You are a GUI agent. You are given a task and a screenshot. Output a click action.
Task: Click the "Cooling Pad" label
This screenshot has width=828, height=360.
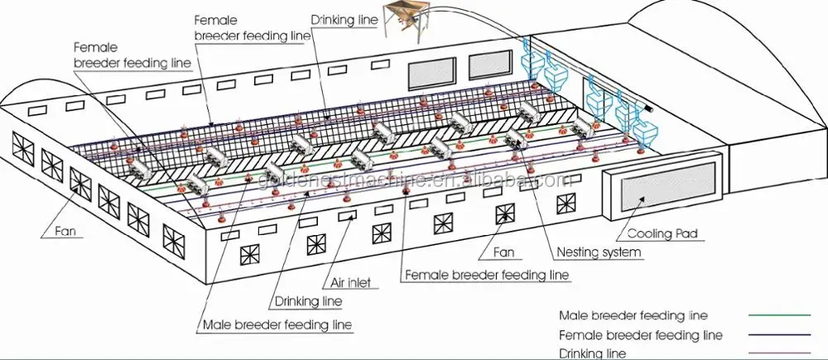point(666,234)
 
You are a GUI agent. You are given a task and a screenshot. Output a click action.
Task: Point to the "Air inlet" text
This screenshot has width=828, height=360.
point(353,282)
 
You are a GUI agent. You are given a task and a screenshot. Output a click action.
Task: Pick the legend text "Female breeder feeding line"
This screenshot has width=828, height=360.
point(641,335)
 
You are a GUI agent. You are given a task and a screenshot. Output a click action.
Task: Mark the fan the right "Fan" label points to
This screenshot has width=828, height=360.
point(503,214)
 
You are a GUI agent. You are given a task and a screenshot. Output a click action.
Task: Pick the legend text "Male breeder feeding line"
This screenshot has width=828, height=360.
point(633,315)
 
